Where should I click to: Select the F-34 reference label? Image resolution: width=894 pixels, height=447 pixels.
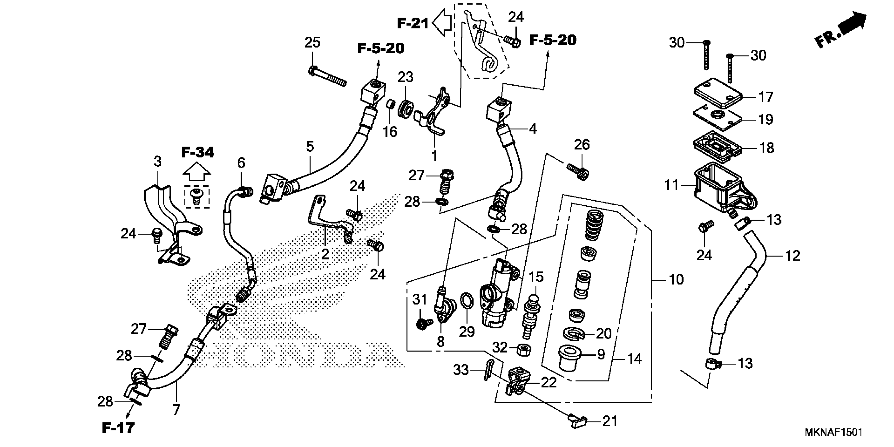(197, 152)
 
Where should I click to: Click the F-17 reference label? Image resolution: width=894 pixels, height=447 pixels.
(118, 428)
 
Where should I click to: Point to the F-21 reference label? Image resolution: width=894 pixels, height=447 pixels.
(413, 24)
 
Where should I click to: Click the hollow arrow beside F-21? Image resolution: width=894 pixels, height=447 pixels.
(441, 23)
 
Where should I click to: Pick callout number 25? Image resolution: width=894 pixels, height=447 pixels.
(312, 43)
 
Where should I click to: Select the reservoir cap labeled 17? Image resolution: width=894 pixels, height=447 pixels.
(718, 93)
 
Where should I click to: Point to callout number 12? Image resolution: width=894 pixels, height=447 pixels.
(792, 256)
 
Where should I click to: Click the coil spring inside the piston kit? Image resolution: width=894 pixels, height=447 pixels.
(595, 226)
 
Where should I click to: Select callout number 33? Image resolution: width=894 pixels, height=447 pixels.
(461, 370)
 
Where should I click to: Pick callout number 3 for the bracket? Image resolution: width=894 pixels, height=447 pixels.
(158, 161)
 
